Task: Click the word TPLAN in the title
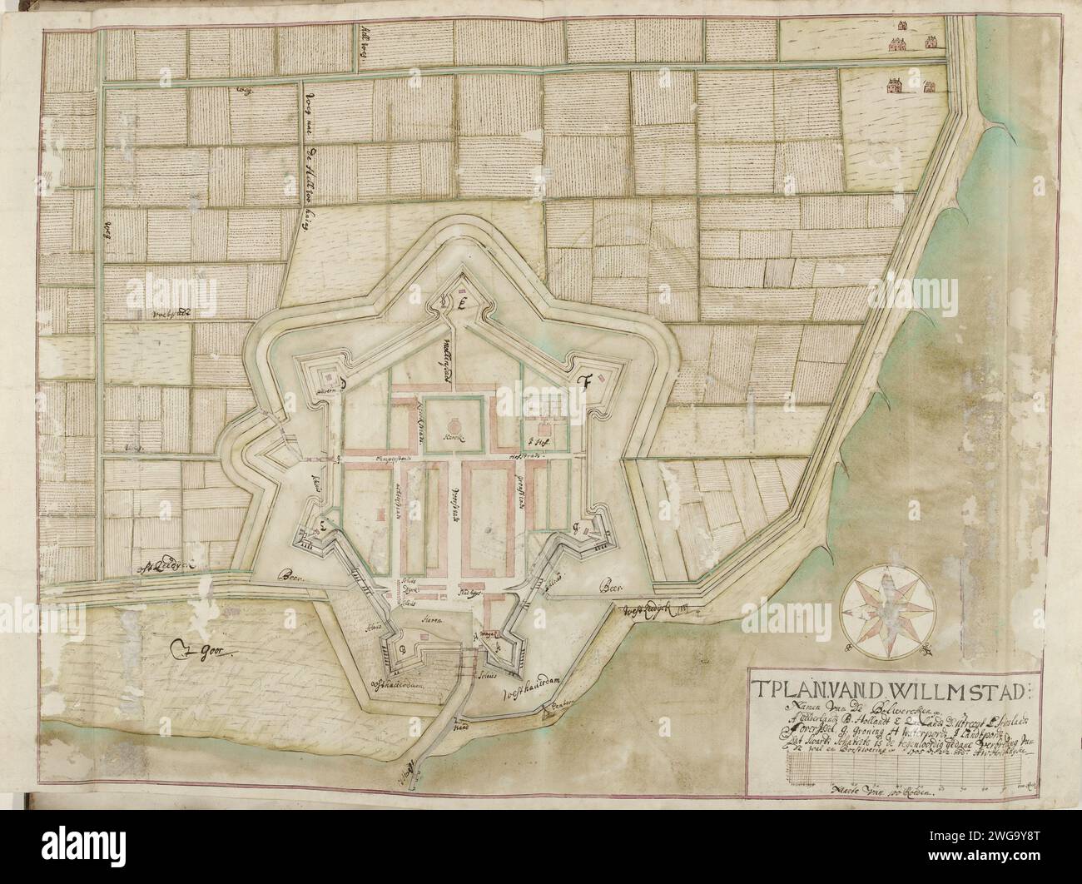click(x=798, y=690)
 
